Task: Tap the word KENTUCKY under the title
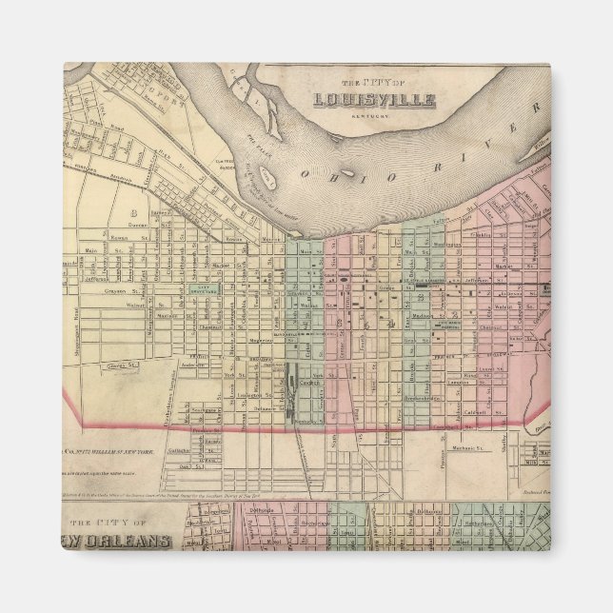[375, 115]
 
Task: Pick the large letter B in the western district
[135, 212]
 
